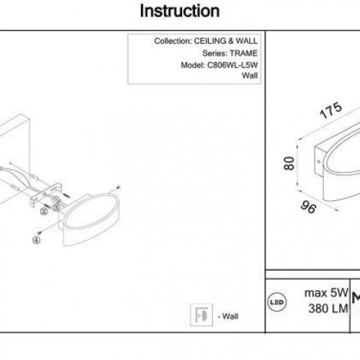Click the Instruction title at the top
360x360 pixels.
click(180, 11)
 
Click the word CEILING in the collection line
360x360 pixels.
click(210, 41)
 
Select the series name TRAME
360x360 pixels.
click(243, 53)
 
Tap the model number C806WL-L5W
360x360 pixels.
click(233, 65)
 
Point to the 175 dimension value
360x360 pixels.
click(331, 110)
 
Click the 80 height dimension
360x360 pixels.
click(289, 163)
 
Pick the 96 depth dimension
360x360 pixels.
click(309, 207)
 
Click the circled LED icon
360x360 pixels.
click(276, 302)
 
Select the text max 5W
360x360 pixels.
click(326, 293)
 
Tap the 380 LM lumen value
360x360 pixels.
click(328, 308)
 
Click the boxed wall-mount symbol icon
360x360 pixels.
click(202, 315)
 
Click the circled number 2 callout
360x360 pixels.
click(44, 212)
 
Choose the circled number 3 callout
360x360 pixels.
click(56, 207)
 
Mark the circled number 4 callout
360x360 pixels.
click(36, 240)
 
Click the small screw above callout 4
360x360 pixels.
click(40, 233)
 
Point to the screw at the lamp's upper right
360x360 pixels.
click(118, 187)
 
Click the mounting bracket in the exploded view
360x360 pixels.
click(46, 194)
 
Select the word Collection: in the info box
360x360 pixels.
click(173, 41)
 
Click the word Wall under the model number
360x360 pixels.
click(250, 76)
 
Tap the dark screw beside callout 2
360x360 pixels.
click(47, 205)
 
